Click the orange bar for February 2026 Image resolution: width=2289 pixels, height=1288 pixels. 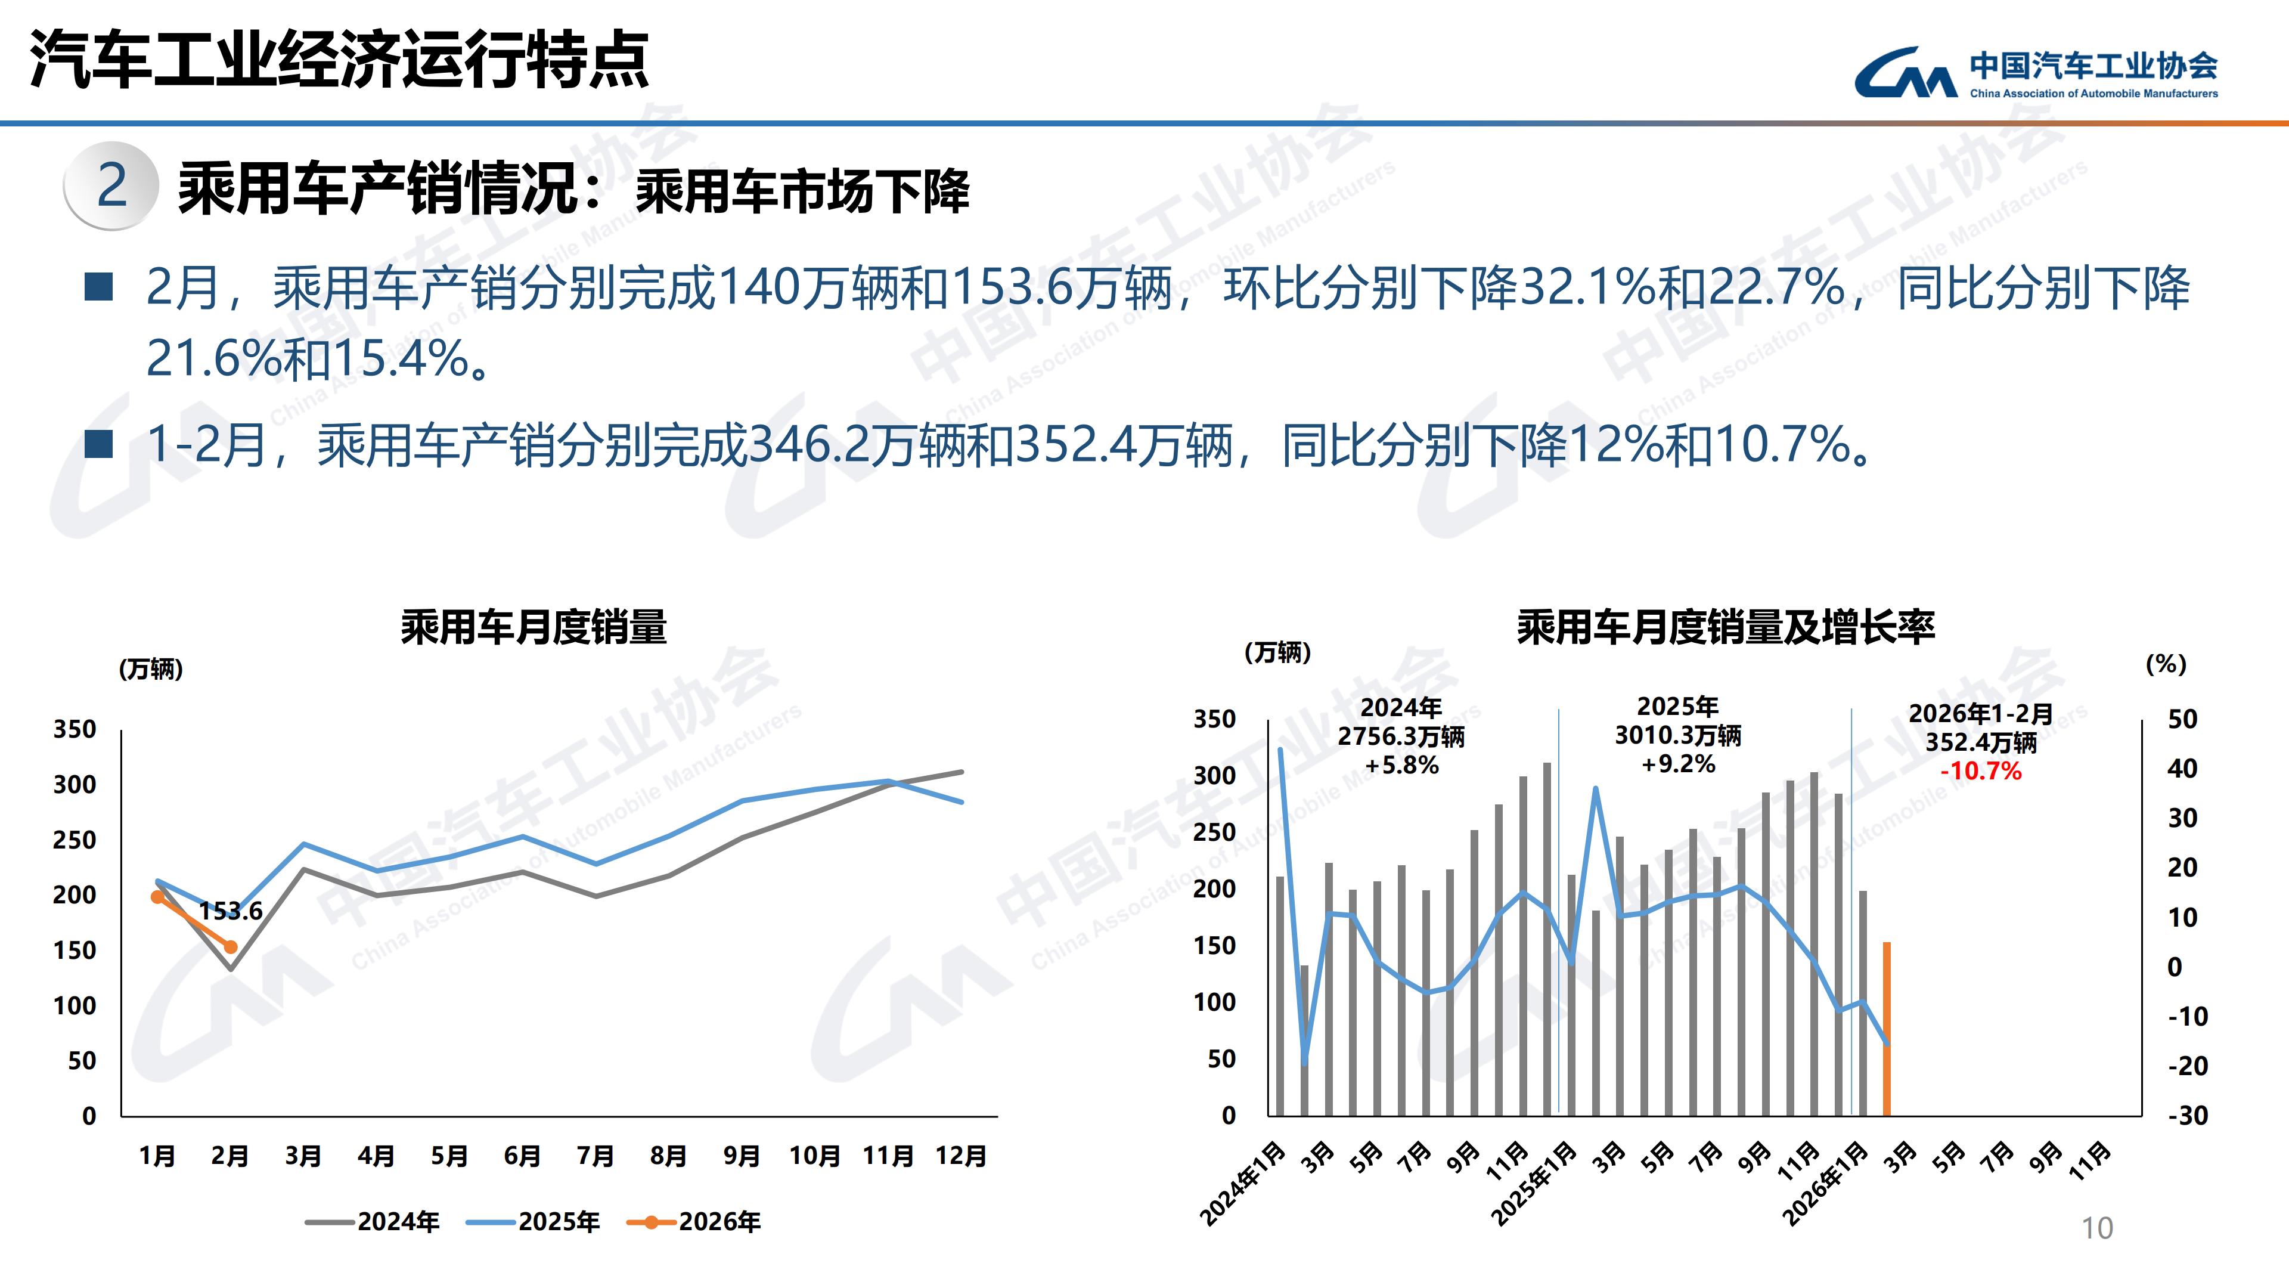coord(1887,1029)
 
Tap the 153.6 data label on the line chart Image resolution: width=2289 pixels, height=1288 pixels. coord(230,911)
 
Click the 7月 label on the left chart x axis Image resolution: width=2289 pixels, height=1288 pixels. coord(595,1156)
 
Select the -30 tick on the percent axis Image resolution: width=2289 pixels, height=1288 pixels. coord(2187,1116)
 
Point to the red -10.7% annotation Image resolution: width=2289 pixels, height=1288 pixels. coord(1981,770)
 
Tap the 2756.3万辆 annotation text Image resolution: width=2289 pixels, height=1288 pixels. coord(1401,737)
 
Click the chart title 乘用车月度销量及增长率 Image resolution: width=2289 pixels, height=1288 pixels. coord(1726,627)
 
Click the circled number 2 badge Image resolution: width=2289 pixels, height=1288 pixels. coord(112,186)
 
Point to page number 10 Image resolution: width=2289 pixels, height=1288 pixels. coord(2097,1228)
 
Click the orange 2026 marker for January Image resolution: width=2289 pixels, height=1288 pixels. coord(157,897)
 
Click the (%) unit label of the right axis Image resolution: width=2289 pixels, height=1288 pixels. coord(2166,664)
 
